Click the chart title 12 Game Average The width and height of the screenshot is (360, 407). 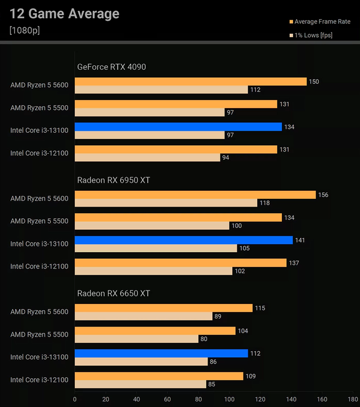65,14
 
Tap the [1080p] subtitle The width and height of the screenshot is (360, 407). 25,30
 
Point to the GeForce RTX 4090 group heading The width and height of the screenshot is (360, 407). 111,67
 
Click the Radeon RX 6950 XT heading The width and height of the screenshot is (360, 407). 114,180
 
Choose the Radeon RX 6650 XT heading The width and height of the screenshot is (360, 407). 114,293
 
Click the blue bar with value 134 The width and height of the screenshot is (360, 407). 178,127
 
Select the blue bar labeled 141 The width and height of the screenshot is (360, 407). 183,240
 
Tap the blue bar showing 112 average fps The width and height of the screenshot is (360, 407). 161,354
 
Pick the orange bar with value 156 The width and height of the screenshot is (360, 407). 195,195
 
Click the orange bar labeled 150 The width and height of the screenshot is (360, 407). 190,82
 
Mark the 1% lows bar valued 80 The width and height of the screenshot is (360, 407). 136,339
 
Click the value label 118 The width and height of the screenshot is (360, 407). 265,203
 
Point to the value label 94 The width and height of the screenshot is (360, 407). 226,158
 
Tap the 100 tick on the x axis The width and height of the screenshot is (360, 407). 229,399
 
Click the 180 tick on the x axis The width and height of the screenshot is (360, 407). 353,399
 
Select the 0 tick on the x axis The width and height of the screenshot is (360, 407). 75,399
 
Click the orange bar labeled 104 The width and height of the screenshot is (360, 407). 155,331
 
